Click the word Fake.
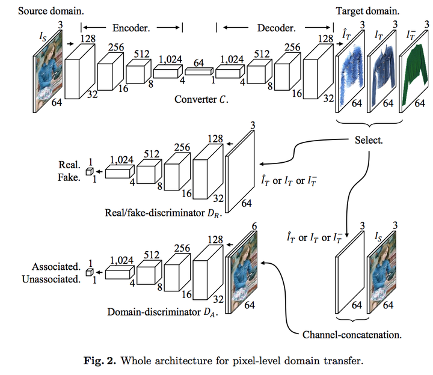coord(69,177)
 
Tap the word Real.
coord(69,165)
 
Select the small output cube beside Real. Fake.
coord(89,172)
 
